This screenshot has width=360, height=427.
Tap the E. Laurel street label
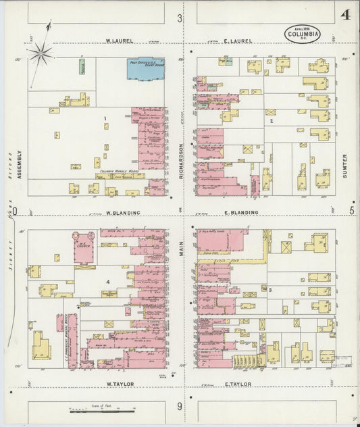point(238,41)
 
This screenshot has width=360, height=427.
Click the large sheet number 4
point(345,15)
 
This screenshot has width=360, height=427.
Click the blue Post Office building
point(146,67)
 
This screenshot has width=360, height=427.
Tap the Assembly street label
point(20,164)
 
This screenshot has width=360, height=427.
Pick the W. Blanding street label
point(123,213)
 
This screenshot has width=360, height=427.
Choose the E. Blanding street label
point(241,213)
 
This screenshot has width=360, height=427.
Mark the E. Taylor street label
point(237,384)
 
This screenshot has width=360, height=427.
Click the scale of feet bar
point(95,410)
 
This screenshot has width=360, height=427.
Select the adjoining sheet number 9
point(180,406)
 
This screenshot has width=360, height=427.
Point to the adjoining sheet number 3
point(180,18)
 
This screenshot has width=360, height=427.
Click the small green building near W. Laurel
point(82,66)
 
